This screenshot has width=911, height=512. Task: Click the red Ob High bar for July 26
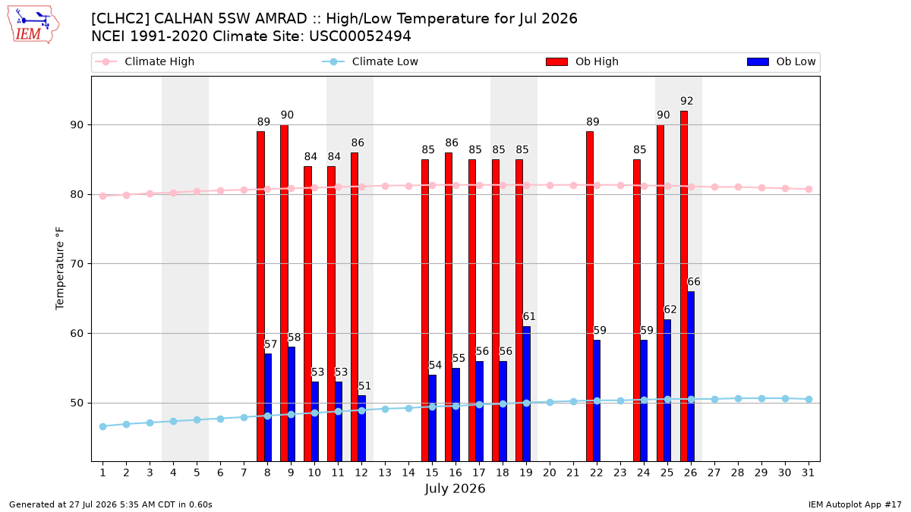(x=684, y=286)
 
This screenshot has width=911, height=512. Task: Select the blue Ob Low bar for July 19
(x=527, y=394)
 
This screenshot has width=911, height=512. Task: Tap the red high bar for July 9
(x=284, y=293)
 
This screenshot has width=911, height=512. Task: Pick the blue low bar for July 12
(x=362, y=429)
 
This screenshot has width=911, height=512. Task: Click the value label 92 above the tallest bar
(x=686, y=101)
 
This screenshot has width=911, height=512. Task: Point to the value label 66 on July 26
(x=694, y=281)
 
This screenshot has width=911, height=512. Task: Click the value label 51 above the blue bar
(x=364, y=385)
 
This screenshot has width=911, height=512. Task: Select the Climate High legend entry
(x=144, y=61)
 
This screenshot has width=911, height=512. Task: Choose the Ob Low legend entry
(x=781, y=61)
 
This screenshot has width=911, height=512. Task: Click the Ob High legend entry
(x=582, y=61)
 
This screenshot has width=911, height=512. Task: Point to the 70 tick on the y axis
(x=77, y=264)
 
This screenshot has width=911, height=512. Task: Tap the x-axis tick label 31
(x=808, y=473)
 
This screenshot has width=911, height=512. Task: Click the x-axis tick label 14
(x=408, y=473)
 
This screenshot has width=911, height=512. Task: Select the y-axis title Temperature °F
(x=60, y=269)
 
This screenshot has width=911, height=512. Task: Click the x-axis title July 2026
(x=455, y=488)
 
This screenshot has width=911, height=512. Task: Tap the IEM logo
(x=33, y=25)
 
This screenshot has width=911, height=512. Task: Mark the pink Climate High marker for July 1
(x=103, y=196)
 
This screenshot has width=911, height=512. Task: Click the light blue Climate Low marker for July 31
(x=809, y=400)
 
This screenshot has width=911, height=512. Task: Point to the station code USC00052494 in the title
(x=360, y=36)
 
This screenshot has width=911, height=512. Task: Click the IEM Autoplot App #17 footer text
(x=855, y=504)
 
